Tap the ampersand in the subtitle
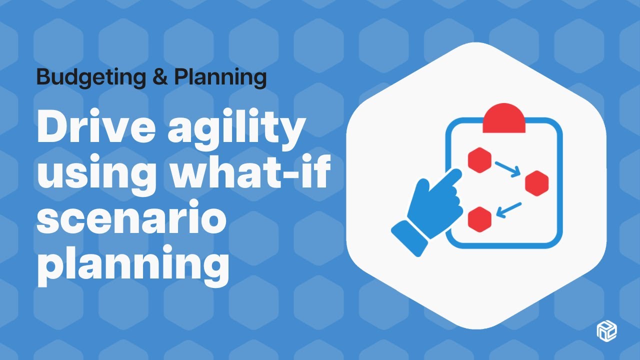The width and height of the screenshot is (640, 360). point(158,77)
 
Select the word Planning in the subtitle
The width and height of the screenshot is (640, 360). point(220,77)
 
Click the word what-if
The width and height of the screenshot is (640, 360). point(250,175)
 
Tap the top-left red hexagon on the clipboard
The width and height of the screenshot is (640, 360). point(480,160)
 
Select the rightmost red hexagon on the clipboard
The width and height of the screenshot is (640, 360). point(537,183)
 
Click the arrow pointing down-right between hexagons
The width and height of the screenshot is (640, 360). point(508,168)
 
